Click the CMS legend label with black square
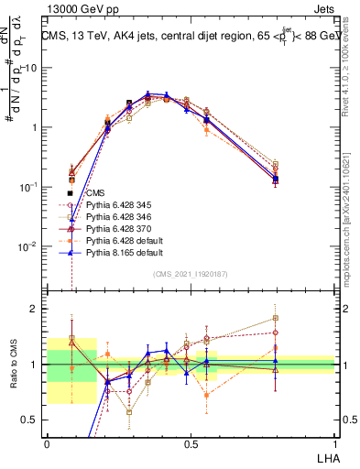(x=96, y=193)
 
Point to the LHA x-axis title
(x=325, y=455)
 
